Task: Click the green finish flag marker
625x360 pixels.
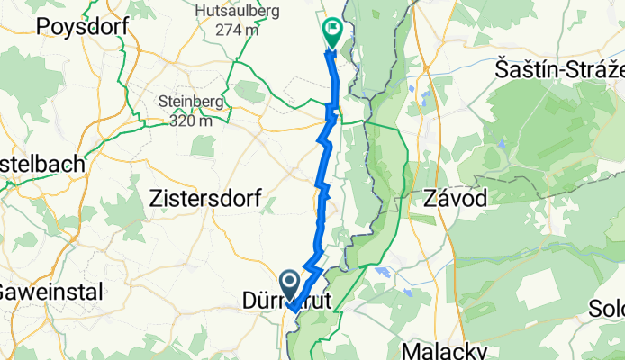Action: point(331,32)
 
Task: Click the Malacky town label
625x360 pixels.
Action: point(445,349)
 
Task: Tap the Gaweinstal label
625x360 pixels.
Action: point(50,292)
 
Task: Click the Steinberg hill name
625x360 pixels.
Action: point(187,101)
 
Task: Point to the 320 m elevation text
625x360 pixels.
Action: point(187,119)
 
